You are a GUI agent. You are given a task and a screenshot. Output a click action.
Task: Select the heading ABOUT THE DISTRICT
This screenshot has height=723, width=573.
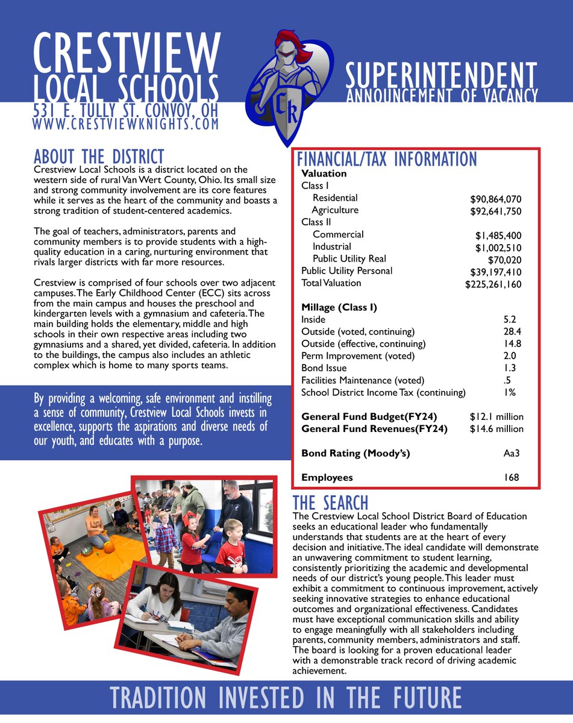99,157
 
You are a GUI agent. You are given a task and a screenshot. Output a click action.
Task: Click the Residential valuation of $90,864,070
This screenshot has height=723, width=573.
495,199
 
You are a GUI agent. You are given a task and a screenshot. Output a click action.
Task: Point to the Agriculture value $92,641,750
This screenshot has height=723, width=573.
495,211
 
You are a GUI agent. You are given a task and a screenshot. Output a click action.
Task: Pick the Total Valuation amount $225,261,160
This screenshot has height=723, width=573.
493,284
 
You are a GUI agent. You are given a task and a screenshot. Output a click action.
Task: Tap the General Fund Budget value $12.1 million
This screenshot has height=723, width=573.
496,417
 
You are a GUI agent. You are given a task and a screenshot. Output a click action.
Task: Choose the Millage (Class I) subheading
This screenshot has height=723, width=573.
339,307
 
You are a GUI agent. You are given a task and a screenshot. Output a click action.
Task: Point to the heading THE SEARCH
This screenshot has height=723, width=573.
330,502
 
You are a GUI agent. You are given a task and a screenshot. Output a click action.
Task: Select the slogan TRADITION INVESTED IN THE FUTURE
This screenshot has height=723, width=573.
286,698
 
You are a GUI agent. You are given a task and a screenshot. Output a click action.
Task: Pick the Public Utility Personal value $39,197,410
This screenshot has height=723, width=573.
495,272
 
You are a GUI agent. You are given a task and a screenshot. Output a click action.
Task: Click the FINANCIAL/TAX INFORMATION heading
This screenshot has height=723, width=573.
386,159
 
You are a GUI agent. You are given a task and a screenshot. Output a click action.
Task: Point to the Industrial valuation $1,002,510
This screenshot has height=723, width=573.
498,248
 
